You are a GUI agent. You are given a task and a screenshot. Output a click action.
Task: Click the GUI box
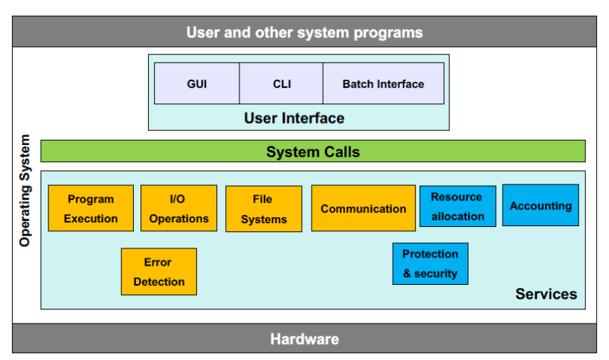[x=197, y=83]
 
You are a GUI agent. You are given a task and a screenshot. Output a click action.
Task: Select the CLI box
[x=281, y=83]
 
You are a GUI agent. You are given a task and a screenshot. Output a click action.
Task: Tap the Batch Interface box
[x=384, y=83]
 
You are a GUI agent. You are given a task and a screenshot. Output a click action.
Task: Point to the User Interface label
[x=294, y=118]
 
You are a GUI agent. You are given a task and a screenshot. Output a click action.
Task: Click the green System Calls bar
[x=313, y=151]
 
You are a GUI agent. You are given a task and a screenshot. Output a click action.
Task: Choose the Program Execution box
[x=91, y=208]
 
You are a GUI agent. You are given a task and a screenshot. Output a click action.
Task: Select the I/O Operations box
[x=178, y=208]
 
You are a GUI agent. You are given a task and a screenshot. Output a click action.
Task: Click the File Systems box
[x=264, y=209]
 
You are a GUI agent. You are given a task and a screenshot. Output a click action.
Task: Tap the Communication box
[x=363, y=208]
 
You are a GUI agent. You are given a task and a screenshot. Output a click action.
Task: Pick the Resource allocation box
[x=457, y=206]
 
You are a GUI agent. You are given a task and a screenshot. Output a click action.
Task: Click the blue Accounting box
[x=541, y=205]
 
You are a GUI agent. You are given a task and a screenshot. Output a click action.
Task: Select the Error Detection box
[x=159, y=271]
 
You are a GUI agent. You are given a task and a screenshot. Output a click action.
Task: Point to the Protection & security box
[x=431, y=264]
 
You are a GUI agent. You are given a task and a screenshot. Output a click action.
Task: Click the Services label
[x=546, y=294]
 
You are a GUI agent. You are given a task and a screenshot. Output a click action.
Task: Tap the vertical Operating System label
[x=25, y=190]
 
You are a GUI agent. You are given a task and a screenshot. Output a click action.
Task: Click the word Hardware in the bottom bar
[x=305, y=339]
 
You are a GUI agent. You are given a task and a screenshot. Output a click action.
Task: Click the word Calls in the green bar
[x=342, y=152]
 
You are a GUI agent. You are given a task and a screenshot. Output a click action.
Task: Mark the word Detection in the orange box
[x=159, y=282]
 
